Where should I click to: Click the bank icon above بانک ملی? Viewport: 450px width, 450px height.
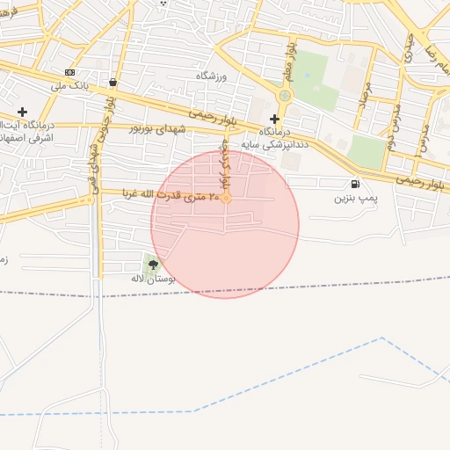coord(70,73)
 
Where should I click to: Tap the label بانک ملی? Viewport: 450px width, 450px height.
coord(70,86)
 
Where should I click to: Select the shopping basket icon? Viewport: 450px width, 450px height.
coord(113,83)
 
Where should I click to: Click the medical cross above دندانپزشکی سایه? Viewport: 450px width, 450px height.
coord(274,119)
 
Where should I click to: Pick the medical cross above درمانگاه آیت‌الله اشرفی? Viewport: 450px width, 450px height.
coord(23,112)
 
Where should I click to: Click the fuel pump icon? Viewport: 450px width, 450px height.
coord(355,185)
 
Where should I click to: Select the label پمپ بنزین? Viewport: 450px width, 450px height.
coord(355,199)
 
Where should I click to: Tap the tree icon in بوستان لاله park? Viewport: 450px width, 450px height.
coord(154,264)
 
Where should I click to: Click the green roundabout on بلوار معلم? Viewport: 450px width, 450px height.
coord(285,96)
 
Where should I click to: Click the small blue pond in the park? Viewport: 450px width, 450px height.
coord(307,75)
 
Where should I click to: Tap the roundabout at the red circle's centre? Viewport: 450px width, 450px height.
coord(226,199)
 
